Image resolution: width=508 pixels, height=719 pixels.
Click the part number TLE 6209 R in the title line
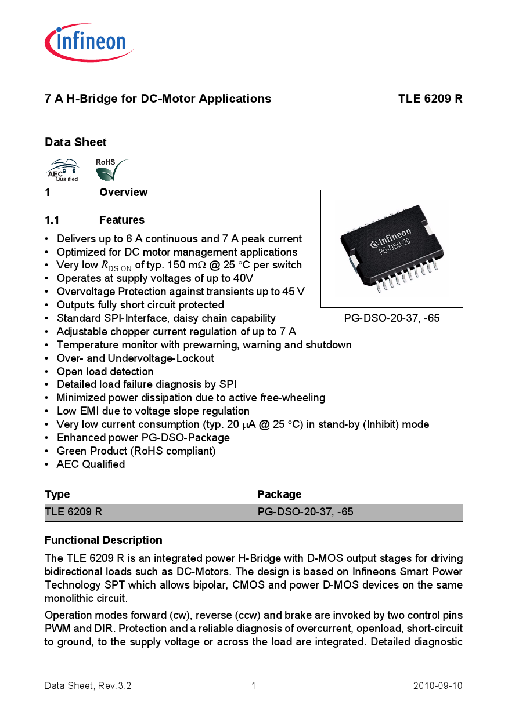tap(430, 99)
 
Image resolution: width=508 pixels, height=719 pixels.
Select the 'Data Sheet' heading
tap(75, 142)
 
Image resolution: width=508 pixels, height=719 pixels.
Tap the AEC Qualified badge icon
tap(62, 170)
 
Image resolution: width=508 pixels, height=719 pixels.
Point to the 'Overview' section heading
tap(123, 193)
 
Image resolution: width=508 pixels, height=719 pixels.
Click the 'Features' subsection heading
tap(121, 220)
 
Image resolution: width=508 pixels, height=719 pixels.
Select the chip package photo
tap(391, 248)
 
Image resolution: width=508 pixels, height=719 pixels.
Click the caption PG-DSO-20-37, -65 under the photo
tap(391, 318)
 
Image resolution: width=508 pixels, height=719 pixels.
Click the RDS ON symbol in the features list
tap(116, 266)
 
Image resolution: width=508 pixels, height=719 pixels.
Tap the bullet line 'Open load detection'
tap(105, 372)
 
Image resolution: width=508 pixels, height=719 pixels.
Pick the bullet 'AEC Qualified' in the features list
tap(91, 464)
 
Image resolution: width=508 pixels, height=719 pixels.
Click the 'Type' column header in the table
tap(57, 495)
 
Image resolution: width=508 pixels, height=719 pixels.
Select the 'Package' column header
tap(279, 495)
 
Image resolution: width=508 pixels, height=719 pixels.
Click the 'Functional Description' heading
tap(103, 540)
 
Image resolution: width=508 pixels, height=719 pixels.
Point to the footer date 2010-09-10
tap(437, 686)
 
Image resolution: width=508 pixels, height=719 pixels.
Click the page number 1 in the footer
tap(254, 686)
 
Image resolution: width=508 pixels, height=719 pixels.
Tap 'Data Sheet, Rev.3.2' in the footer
tap(88, 686)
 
